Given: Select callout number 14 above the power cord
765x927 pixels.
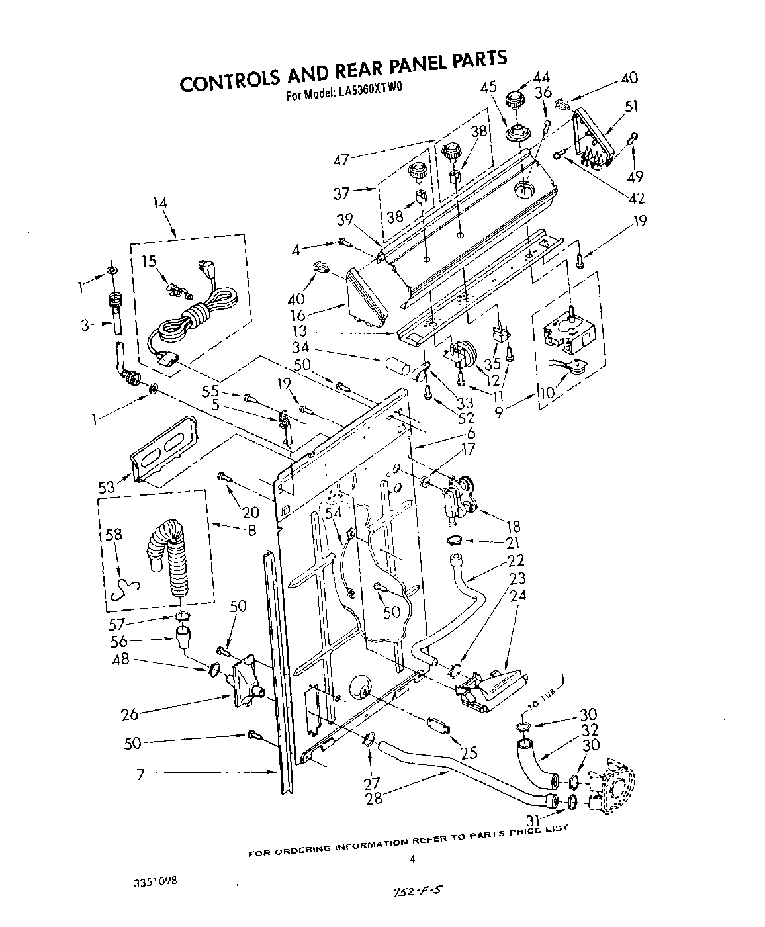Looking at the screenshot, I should point(158,203).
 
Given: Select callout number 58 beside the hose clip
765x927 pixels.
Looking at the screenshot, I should point(114,534).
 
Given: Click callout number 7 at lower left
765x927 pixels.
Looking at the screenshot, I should point(140,773).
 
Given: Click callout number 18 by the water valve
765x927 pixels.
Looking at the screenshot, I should point(513,527).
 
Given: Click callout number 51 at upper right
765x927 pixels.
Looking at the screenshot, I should point(632,106).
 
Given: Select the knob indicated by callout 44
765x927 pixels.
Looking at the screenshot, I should point(514,101).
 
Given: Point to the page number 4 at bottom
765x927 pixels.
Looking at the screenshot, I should point(412,860).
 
